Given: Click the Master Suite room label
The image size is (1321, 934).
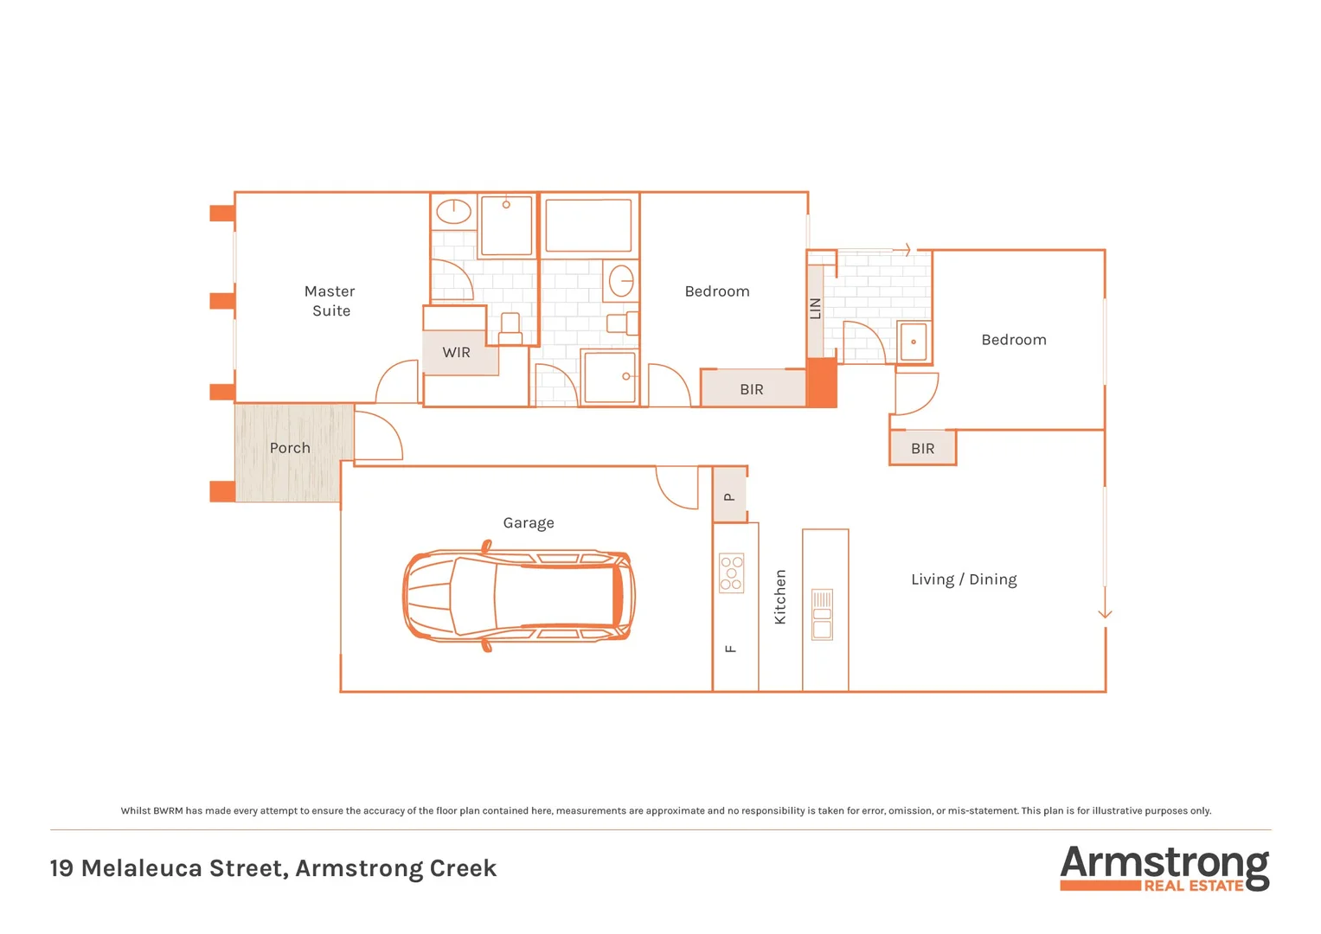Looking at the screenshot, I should pyautogui.click(x=330, y=301).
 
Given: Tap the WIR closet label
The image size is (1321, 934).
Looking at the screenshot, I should pyautogui.click(x=456, y=353).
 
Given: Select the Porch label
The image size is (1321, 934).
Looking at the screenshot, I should pyautogui.click(x=290, y=448).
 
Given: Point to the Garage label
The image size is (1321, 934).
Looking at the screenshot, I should pyautogui.click(x=528, y=523).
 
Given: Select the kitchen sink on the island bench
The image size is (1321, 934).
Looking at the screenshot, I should pyautogui.click(x=822, y=614).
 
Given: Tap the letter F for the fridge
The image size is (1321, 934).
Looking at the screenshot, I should pyautogui.click(x=731, y=649).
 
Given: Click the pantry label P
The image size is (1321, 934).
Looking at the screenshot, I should pyautogui.click(x=729, y=497).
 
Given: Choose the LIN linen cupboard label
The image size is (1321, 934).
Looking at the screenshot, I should pyautogui.click(x=815, y=309).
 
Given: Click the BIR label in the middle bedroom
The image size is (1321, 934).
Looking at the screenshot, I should pyautogui.click(x=751, y=390).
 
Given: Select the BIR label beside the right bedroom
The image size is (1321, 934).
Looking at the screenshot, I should pyautogui.click(x=922, y=449).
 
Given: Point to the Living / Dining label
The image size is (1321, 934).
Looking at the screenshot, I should pyautogui.click(x=964, y=579).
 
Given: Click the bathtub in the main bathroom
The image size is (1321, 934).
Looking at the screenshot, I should pyautogui.click(x=588, y=224).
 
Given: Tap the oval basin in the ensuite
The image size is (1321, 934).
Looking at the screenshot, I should pyautogui.click(x=453, y=211).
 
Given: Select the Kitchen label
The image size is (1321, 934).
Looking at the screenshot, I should pyautogui.click(x=780, y=597).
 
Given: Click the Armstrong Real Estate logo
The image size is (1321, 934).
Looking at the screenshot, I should pyautogui.click(x=1164, y=868).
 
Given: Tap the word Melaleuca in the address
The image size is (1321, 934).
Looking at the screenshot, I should pyautogui.click(x=183, y=868).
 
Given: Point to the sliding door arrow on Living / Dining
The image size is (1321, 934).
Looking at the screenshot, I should pyautogui.click(x=1105, y=612).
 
